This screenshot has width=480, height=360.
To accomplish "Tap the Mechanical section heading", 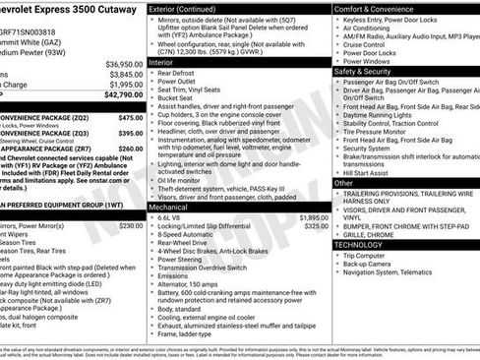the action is [x=169, y=207].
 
